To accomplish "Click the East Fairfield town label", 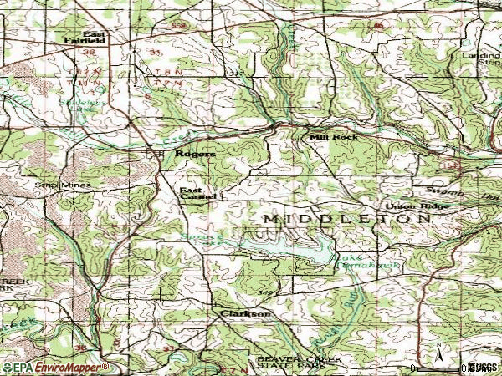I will point(87,37).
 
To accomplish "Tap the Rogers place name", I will point(195,155).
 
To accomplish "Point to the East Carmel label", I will point(198,193).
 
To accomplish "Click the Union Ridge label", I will point(412,206).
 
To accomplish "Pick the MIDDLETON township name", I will point(347,217).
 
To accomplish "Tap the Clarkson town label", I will point(244,313).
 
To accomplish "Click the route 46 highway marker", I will point(378,26).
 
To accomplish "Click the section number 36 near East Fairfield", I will point(89,52).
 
